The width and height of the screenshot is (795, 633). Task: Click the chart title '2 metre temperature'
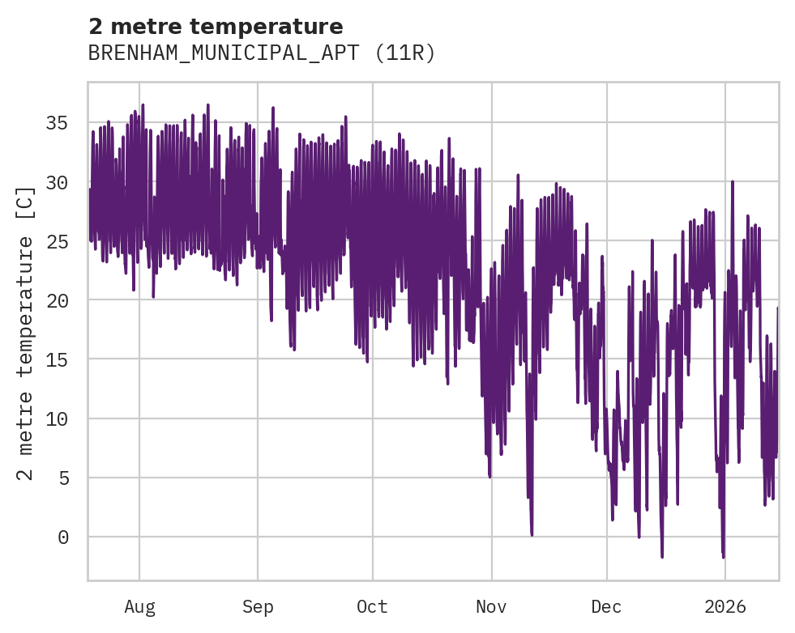tap(216, 27)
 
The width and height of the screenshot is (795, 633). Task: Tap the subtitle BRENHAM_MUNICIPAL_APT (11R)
tap(262, 53)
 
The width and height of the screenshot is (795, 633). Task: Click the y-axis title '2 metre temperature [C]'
tap(27, 333)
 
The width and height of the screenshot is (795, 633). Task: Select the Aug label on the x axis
tap(139, 606)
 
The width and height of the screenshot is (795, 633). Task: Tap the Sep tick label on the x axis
tap(258, 606)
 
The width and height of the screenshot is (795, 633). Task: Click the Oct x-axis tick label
tap(372, 606)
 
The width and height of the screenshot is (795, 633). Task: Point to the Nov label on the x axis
tap(491, 606)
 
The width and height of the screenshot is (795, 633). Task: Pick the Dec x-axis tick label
tap(606, 606)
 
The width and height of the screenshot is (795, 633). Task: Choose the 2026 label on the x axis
tap(724, 606)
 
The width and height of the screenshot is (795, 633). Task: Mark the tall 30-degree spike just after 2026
tap(733, 182)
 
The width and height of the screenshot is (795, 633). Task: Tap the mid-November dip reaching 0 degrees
tap(532, 534)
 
